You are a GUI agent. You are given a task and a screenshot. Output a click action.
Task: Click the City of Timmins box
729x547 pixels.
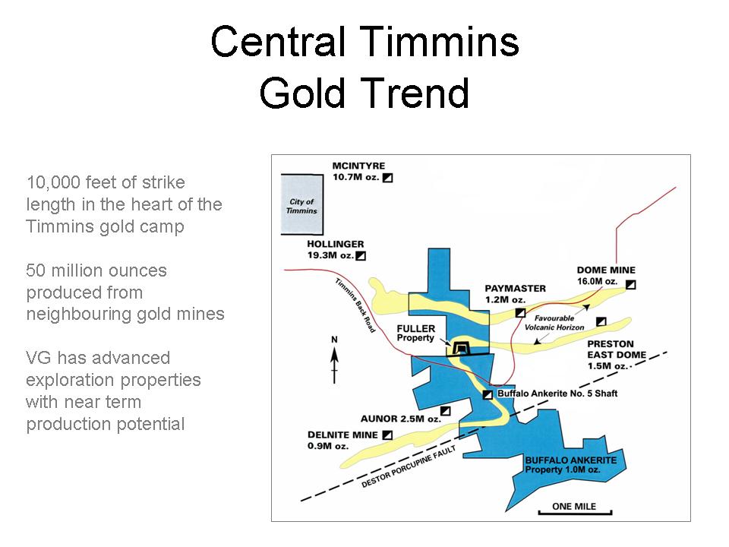click(x=302, y=204)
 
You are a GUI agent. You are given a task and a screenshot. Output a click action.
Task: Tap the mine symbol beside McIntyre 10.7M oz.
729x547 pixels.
click(x=387, y=177)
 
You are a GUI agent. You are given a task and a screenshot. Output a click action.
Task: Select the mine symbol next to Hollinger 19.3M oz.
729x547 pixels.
click(x=361, y=255)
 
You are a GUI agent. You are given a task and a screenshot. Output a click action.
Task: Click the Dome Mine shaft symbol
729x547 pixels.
click(x=630, y=284)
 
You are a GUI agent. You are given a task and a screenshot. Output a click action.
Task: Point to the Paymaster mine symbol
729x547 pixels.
click(x=520, y=312)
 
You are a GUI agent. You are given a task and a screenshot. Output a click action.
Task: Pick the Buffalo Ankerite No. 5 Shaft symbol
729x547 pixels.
click(x=488, y=394)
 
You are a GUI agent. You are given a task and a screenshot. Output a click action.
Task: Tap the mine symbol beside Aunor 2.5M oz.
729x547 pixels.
click(x=446, y=411)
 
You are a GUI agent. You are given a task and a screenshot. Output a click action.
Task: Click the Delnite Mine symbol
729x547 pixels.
click(x=387, y=435)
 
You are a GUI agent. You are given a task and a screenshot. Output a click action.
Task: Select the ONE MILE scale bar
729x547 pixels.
click(x=575, y=513)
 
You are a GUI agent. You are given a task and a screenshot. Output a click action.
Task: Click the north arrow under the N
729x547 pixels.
click(x=334, y=365)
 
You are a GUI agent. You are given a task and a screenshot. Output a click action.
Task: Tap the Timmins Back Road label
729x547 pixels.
click(x=355, y=305)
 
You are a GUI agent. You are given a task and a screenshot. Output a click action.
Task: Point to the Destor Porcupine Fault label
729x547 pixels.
click(x=409, y=466)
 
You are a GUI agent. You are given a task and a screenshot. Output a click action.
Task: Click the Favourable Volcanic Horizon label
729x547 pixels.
click(x=554, y=323)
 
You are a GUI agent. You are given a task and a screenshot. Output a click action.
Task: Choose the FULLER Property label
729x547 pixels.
click(x=415, y=333)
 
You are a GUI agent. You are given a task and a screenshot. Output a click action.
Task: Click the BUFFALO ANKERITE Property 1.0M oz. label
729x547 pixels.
click(x=571, y=465)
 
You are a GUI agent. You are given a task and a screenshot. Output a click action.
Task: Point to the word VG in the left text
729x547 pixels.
click(x=39, y=358)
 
